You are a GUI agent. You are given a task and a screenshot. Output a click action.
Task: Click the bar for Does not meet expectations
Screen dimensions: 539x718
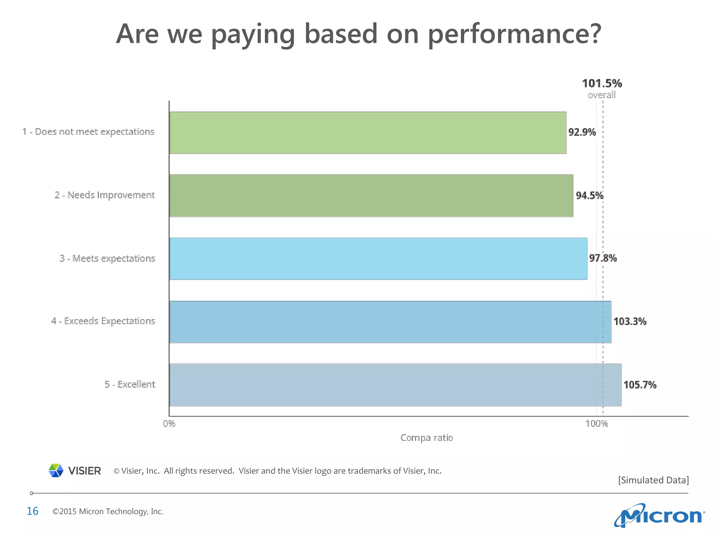pyautogui.click(x=367, y=133)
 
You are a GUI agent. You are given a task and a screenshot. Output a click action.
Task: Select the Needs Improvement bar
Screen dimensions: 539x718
pyautogui.click(x=371, y=195)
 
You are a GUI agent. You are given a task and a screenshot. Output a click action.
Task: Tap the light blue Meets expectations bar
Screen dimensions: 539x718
pyautogui.click(x=378, y=259)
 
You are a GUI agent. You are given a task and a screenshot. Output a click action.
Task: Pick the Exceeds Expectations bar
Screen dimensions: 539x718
pyautogui.click(x=390, y=322)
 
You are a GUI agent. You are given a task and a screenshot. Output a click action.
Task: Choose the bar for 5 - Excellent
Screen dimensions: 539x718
pyautogui.click(x=395, y=385)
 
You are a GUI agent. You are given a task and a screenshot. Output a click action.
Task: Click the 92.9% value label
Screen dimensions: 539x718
pyautogui.click(x=582, y=132)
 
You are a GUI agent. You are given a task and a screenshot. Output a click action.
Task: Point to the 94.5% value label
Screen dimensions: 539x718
pyautogui.click(x=590, y=195)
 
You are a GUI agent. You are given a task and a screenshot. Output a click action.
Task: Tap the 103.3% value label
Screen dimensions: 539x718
pyautogui.click(x=630, y=321)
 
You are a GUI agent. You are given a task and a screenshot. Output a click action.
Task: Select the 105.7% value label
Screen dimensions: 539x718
pyautogui.click(x=640, y=385)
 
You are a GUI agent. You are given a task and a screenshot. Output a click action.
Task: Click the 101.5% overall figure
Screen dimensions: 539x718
pyautogui.click(x=602, y=84)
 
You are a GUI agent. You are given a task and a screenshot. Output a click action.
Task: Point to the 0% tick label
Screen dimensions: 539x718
pyautogui.click(x=169, y=424)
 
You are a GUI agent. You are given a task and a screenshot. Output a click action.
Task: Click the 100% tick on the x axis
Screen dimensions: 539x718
pyautogui.click(x=596, y=424)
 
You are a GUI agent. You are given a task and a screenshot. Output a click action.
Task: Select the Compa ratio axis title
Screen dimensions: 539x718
pyautogui.click(x=427, y=438)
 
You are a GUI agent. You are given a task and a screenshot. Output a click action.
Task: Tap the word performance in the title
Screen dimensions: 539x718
pyautogui.click(x=514, y=34)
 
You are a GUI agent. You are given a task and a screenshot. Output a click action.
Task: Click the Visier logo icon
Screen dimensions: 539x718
pyautogui.click(x=56, y=471)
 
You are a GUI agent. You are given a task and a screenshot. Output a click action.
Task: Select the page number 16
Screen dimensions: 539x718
pyautogui.click(x=33, y=511)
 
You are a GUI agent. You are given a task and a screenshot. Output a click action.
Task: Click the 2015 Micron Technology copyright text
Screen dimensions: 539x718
pyautogui.click(x=108, y=512)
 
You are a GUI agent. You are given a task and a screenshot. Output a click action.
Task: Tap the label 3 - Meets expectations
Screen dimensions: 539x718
pyautogui.click(x=107, y=259)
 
